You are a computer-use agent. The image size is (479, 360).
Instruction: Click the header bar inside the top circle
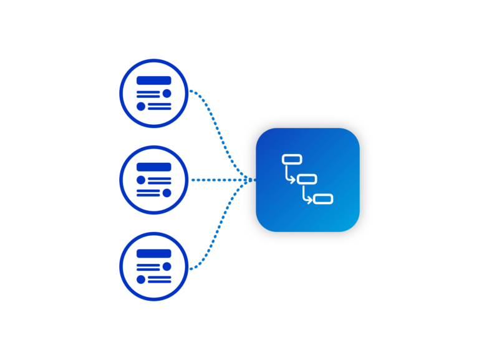point(153,80)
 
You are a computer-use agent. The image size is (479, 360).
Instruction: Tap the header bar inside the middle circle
point(153,167)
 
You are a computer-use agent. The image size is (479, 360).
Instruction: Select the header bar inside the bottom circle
point(153,253)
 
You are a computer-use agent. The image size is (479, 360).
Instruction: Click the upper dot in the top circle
point(167,94)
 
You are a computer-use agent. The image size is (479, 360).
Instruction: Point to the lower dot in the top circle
point(141,106)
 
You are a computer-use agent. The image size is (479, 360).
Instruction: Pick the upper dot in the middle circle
point(141,180)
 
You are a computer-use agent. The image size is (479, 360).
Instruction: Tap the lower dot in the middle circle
point(167,193)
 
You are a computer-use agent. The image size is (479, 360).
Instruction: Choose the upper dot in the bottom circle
point(167,266)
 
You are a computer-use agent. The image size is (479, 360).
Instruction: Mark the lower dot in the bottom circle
point(141,279)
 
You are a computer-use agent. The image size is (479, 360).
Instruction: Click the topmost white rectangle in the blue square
point(292,159)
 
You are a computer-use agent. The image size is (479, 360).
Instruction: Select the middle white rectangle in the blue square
point(307,179)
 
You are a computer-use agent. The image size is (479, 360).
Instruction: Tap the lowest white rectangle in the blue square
point(323,199)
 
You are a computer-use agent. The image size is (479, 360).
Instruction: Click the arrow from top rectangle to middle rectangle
point(289,176)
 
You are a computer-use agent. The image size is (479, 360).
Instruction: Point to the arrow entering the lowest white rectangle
point(306,197)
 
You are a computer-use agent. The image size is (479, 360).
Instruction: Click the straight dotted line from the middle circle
point(218,180)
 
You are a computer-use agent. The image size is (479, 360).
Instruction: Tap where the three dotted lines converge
point(251,180)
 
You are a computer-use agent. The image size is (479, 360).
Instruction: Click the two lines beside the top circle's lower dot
point(159,106)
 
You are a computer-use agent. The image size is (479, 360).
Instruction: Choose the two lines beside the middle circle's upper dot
point(159,180)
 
